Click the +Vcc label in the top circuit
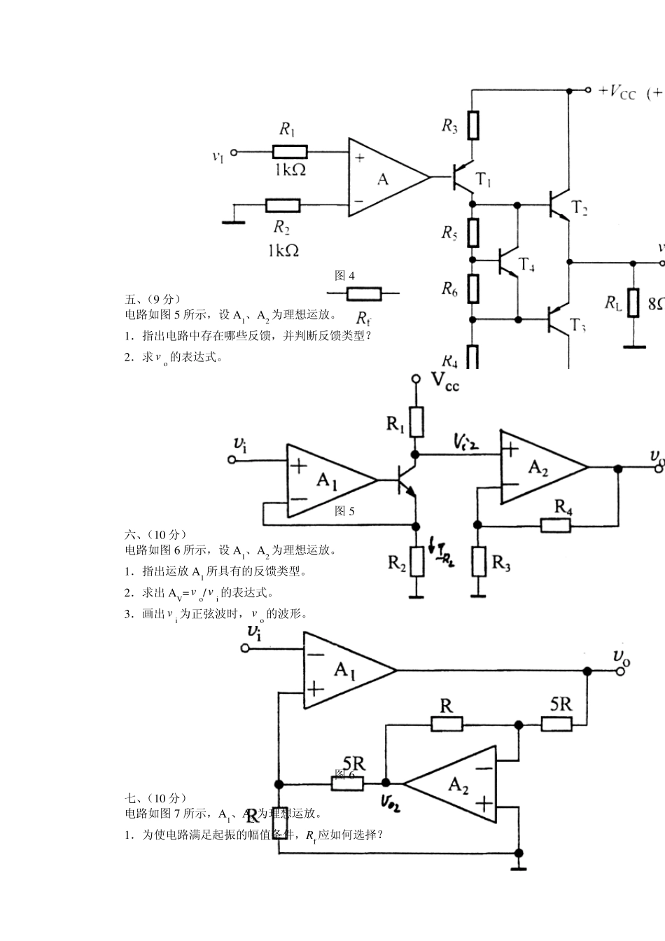[x=617, y=91]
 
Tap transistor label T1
[x=484, y=180]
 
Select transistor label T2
[x=579, y=207]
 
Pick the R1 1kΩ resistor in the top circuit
[x=289, y=151]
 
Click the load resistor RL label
[x=613, y=302]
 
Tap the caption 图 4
[x=344, y=276]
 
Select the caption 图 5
[x=344, y=511]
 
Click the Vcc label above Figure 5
[x=444, y=381]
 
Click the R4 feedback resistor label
[x=563, y=506]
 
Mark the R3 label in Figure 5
[x=501, y=562]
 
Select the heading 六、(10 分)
[x=156, y=534]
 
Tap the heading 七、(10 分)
[x=156, y=798]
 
